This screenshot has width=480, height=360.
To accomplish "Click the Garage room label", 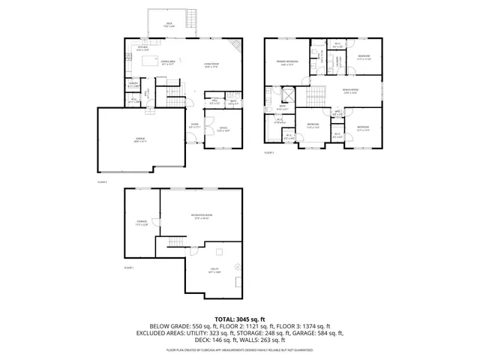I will pyautogui.click(x=140, y=140).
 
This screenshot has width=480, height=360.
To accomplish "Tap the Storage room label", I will pyautogui.click(x=142, y=222).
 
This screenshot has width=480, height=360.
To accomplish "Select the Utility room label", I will pyautogui.click(x=214, y=272).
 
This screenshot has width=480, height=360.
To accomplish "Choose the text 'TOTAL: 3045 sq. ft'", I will pyautogui.click(x=239, y=319).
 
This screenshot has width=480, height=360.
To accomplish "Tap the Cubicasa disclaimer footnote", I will pyautogui.click(x=239, y=349).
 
